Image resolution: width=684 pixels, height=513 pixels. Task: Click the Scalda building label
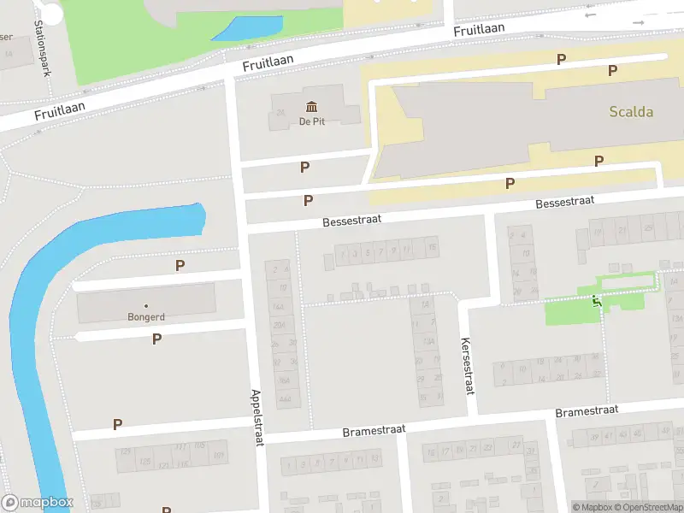click(631, 111)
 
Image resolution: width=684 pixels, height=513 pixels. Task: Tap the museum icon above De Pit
click(311, 106)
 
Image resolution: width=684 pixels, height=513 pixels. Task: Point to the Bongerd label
click(146, 316)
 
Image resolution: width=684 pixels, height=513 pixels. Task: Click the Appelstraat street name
click(257, 418)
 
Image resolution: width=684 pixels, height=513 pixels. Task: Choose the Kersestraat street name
click(468, 367)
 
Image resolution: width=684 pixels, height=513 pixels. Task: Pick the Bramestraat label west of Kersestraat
click(373, 429)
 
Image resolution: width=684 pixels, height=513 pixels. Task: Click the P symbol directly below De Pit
click(304, 168)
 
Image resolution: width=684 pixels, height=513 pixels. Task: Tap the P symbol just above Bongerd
click(180, 265)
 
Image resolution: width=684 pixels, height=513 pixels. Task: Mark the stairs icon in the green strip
click(596, 299)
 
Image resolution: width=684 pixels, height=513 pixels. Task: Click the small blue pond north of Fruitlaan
click(245, 28)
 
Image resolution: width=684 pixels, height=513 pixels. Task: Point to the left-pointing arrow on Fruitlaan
click(590, 15)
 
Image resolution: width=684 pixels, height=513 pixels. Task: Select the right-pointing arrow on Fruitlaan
click(637, 21)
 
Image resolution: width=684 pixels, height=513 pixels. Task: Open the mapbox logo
click(38, 503)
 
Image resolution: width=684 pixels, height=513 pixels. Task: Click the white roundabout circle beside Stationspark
click(52, 12)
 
